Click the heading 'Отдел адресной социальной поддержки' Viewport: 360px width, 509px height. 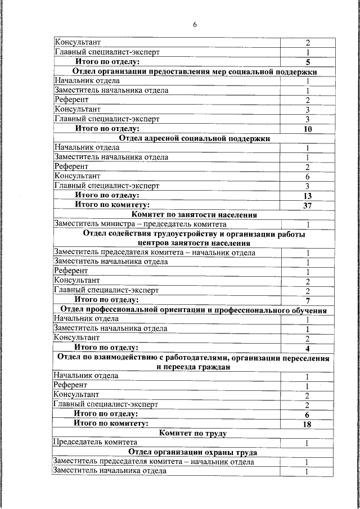click(x=195, y=138)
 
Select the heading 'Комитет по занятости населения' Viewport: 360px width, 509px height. click(x=195, y=214)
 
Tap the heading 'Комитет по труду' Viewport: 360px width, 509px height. click(x=193, y=433)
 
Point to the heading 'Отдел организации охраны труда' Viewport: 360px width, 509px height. click(x=193, y=452)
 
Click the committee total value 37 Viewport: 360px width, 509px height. click(x=308, y=205)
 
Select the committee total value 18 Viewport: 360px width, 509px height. click(x=307, y=424)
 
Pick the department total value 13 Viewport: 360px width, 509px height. click(x=308, y=196)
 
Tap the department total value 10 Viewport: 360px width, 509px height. click(x=308, y=129)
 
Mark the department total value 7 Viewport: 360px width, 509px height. click(x=308, y=300)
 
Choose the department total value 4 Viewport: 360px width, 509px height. click(x=308, y=348)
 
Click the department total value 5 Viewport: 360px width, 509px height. click(x=308, y=62)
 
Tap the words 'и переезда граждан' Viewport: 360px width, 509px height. click(x=193, y=367)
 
